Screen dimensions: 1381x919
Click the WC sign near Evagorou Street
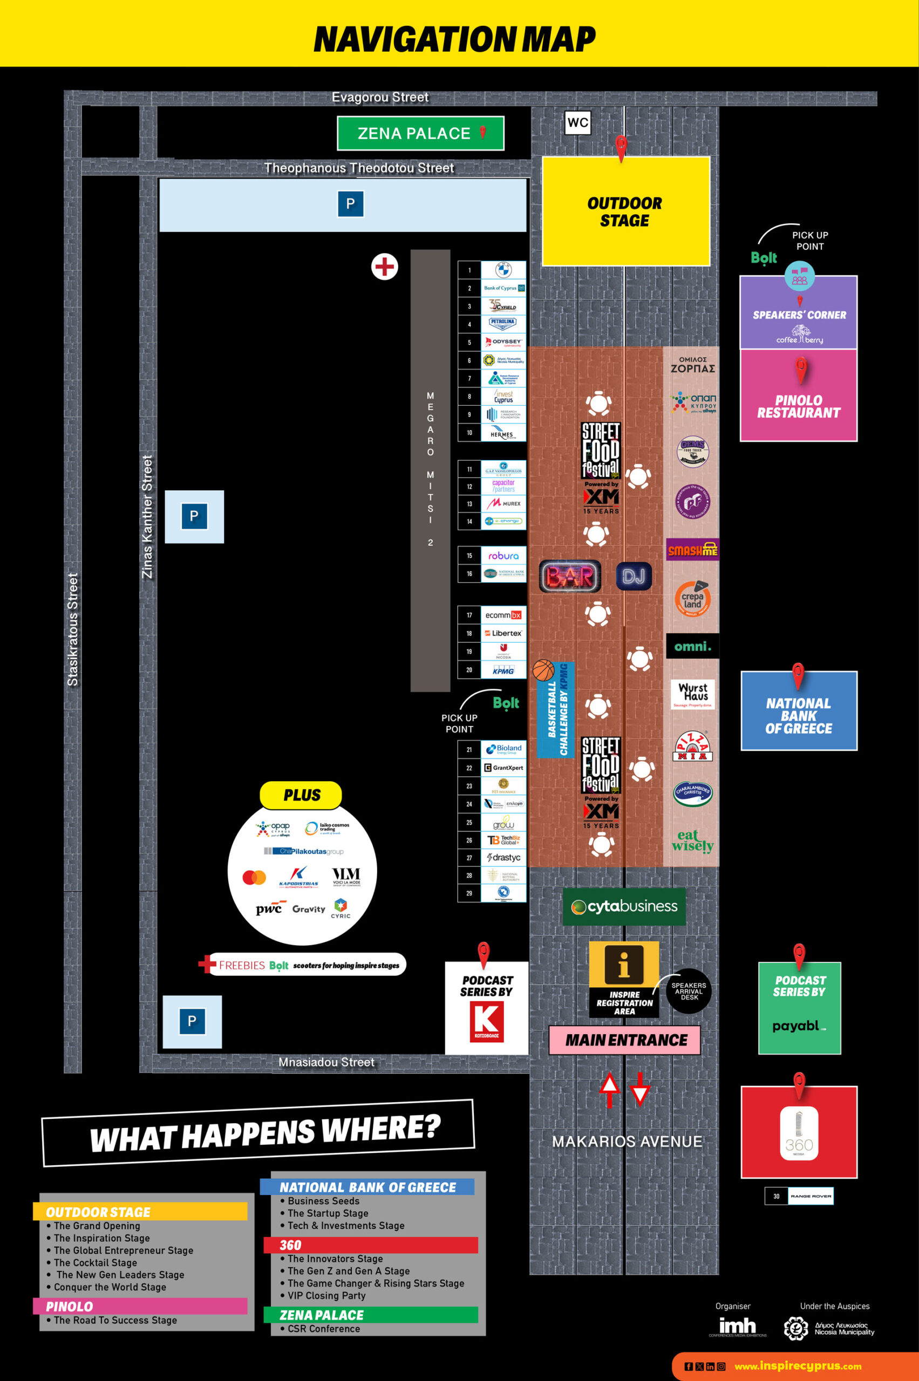point(577,123)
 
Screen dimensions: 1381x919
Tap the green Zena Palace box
point(420,134)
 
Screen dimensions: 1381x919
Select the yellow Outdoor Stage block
point(625,211)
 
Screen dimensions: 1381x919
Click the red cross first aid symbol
point(384,266)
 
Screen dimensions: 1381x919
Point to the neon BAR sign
point(570,577)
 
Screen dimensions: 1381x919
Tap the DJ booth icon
point(634,577)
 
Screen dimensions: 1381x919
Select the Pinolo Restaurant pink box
point(798,396)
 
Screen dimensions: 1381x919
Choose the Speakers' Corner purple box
point(798,314)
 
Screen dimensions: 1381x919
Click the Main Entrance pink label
point(625,1040)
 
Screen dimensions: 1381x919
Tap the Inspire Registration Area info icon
point(624,964)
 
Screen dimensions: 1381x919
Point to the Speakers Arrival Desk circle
point(689,991)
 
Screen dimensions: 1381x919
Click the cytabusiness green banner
point(624,906)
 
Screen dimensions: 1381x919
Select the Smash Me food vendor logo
point(693,550)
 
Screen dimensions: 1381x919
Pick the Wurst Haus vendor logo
point(693,694)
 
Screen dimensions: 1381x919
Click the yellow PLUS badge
point(301,795)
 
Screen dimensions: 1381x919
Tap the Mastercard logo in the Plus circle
point(254,877)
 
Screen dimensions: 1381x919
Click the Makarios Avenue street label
point(627,1141)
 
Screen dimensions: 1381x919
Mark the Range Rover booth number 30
point(776,1196)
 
